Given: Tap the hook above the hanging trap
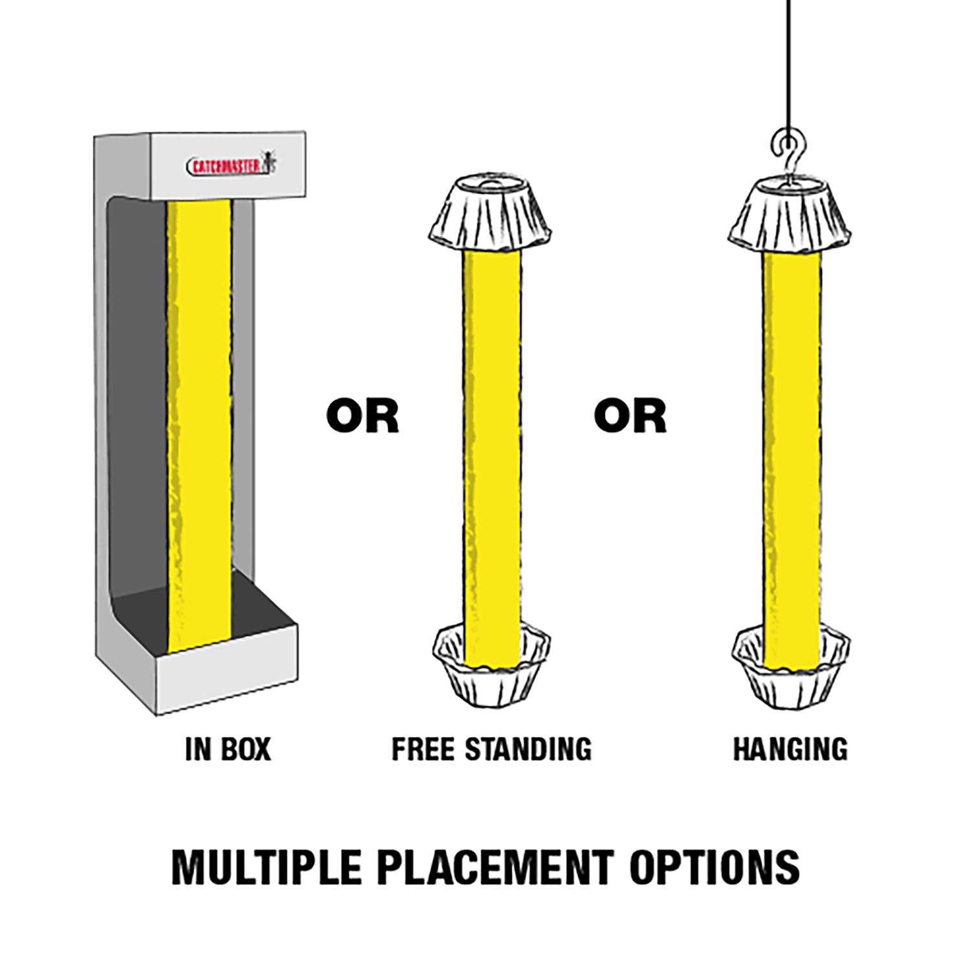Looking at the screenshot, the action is point(788,155).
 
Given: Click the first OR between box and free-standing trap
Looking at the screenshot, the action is point(362,416).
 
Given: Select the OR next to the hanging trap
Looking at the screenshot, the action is point(630,416).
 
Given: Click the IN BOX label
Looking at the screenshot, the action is point(228,749).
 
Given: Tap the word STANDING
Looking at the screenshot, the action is point(528,749).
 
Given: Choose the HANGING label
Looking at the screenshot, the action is point(790,749).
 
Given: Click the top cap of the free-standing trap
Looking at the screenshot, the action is point(491,212).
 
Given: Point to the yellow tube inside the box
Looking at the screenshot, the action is point(199,427).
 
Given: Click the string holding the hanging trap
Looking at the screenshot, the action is point(788,65).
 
